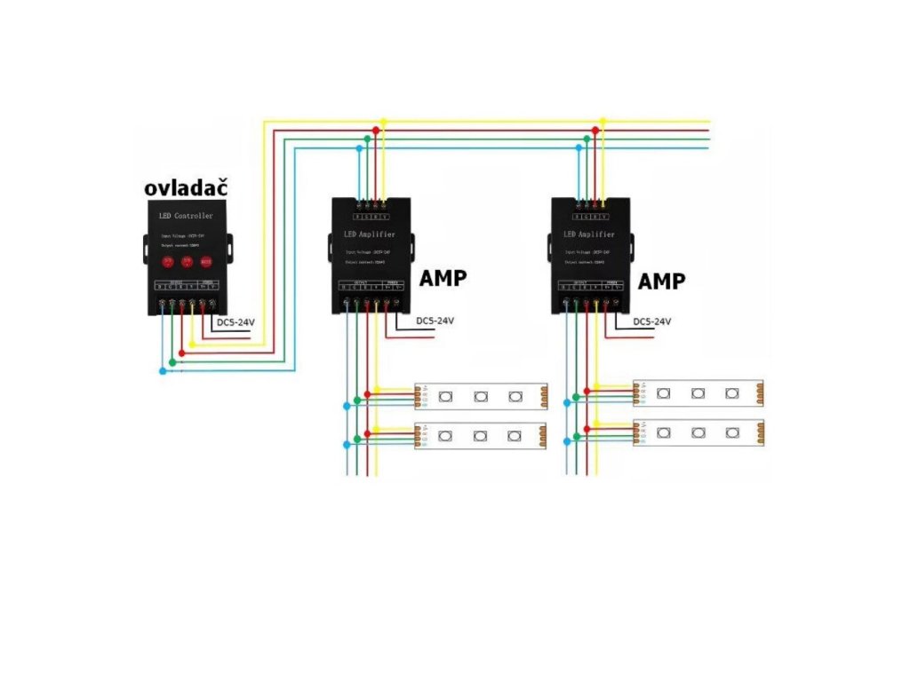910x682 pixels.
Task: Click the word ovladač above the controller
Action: (186, 187)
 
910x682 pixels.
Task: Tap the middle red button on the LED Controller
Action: (187, 262)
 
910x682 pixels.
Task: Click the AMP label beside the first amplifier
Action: (443, 278)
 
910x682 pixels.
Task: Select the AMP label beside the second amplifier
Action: (662, 282)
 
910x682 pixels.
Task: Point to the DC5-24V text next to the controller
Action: (235, 323)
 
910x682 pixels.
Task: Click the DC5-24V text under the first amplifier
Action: (435, 321)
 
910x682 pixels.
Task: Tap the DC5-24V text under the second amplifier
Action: (652, 321)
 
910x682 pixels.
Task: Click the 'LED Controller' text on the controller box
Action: (186, 217)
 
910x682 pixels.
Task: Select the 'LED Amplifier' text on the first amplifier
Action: (370, 234)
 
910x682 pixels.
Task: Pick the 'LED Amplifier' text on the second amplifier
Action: (589, 234)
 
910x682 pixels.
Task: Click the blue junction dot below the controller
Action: (162, 371)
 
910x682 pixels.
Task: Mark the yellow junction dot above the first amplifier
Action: (383, 121)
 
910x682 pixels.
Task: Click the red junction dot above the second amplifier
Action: (595, 131)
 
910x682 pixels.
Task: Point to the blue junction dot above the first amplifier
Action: (359, 148)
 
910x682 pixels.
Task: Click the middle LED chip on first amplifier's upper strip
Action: (480, 396)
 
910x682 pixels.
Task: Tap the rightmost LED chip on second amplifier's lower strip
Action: (731, 432)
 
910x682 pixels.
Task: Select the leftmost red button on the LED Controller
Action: (167, 262)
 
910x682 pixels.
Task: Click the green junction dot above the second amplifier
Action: (587, 139)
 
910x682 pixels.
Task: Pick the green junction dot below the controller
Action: (172, 361)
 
